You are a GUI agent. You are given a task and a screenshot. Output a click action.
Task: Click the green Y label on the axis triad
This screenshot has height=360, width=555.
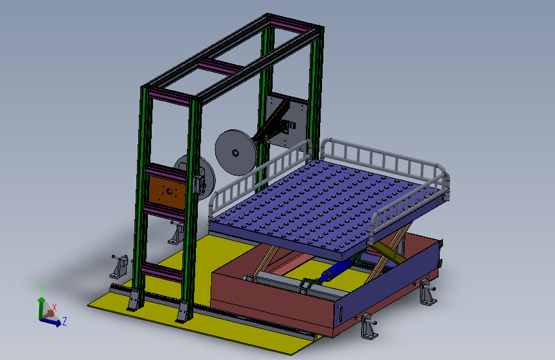pyautogui.click(x=41, y=289)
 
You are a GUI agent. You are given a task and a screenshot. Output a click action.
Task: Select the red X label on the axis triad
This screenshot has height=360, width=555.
pyautogui.click(x=54, y=307)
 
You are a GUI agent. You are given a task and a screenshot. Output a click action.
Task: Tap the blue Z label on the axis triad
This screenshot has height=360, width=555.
pyautogui.click(x=65, y=320)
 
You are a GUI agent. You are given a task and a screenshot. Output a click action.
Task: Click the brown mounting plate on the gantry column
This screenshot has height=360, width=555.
pyautogui.click(x=167, y=190)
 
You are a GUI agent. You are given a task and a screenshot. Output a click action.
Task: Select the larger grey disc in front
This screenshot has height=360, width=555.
pyautogui.click(x=235, y=152)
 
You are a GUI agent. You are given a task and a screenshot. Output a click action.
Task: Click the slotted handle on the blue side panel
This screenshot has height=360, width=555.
pyautogui.click(x=341, y=313)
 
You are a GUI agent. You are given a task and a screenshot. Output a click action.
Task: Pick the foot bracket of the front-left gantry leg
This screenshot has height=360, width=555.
pyautogui.click(x=134, y=300)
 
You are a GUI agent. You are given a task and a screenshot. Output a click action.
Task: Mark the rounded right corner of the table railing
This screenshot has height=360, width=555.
pyautogui.click(x=442, y=173)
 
